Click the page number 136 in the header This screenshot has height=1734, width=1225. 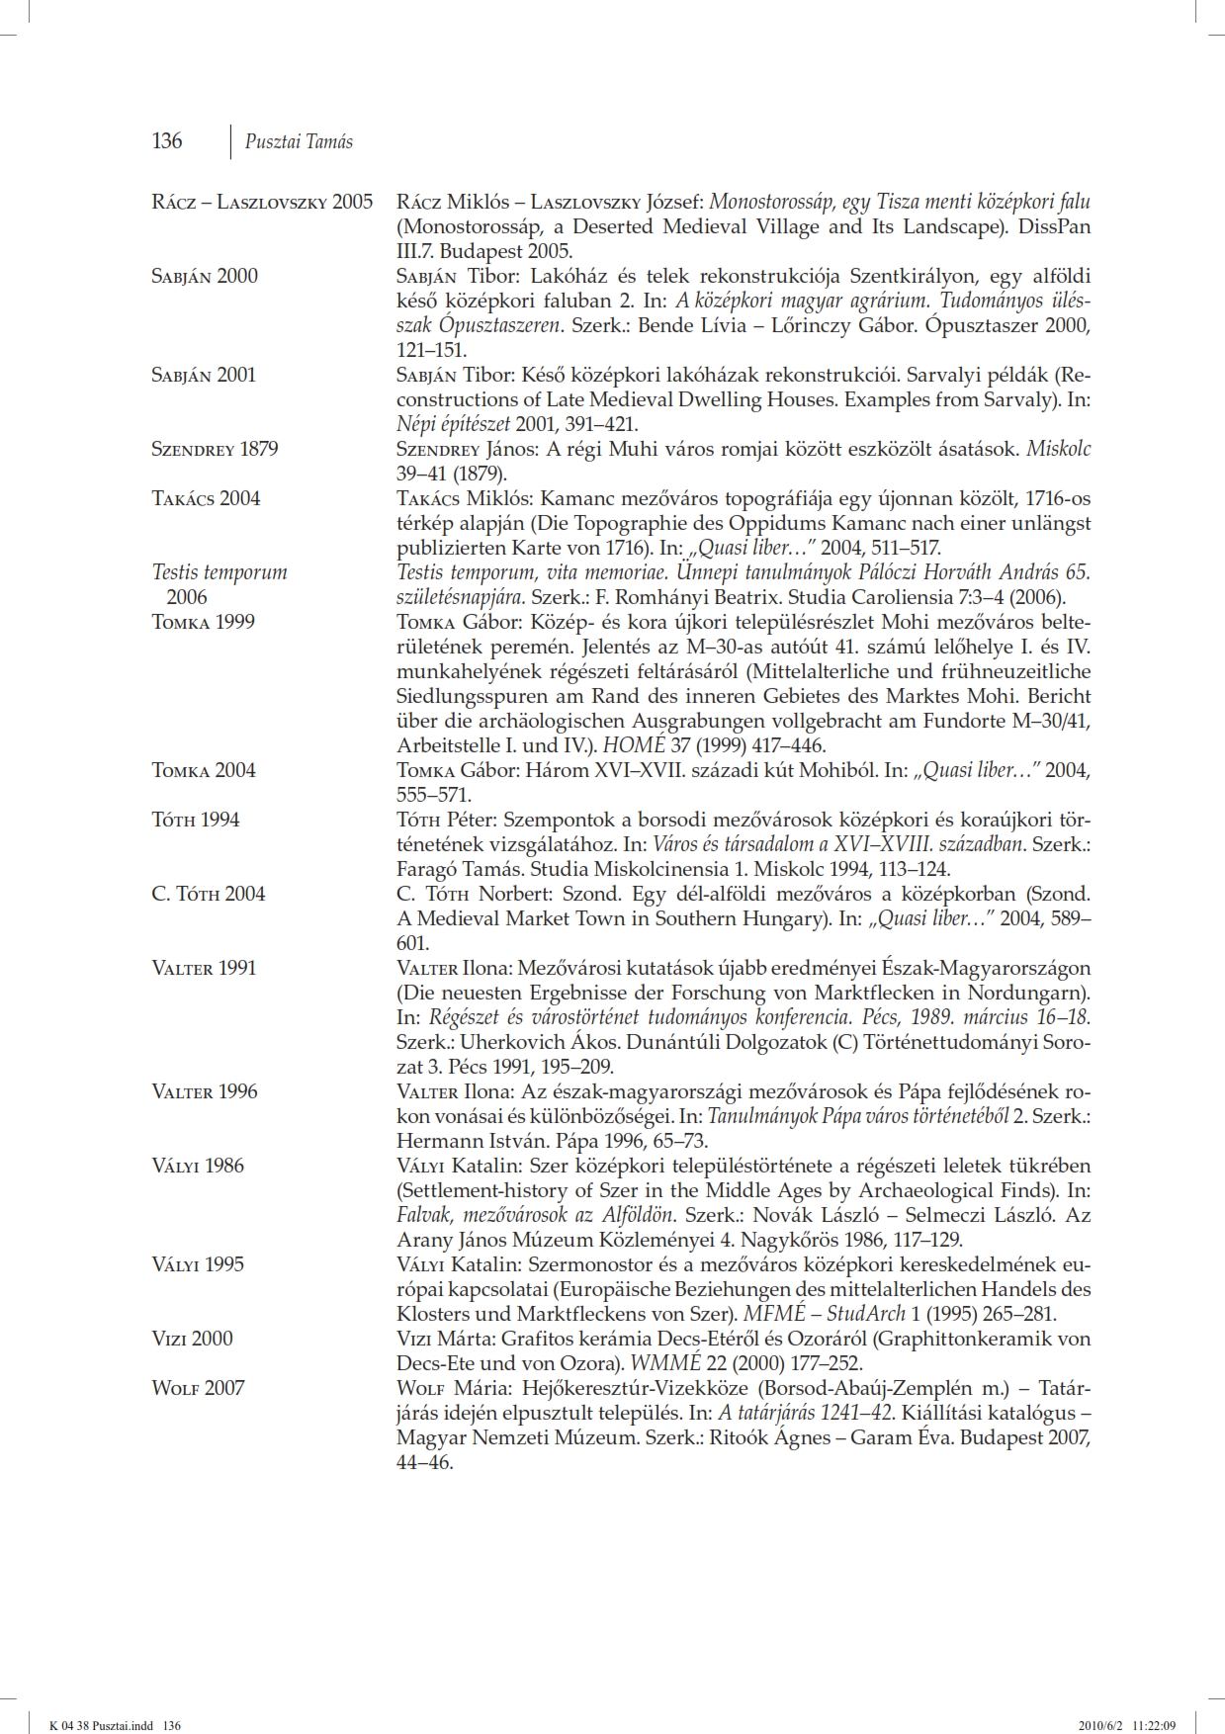click(x=166, y=140)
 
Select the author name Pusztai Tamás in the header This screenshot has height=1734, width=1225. click(x=299, y=141)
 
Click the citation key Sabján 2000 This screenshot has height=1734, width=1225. click(x=205, y=276)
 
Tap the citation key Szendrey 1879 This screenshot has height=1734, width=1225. click(x=215, y=449)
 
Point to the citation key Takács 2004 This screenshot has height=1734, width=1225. click(x=206, y=498)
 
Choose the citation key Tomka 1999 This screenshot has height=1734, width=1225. click(x=203, y=622)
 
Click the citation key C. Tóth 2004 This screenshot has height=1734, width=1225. click(x=209, y=894)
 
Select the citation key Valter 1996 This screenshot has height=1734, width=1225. click(x=205, y=1091)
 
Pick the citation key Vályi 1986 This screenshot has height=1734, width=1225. click(x=198, y=1166)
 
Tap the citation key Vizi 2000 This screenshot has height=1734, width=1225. click(x=193, y=1339)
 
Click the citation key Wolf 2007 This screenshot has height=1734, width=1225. click(x=198, y=1388)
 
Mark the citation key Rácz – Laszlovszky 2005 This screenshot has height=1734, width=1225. click(x=262, y=202)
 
